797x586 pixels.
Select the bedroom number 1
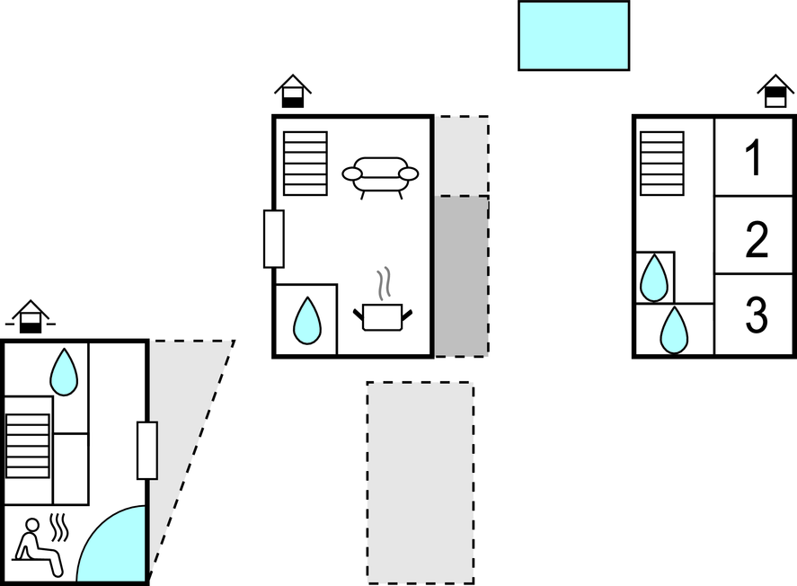pos(754,158)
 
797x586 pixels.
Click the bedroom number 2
pos(757,239)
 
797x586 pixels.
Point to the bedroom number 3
pos(757,315)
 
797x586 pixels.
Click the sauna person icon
pos(40,547)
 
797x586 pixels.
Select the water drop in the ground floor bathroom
pos(307,321)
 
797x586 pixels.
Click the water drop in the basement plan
pos(64,371)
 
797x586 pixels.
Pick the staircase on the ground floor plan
pos(306,164)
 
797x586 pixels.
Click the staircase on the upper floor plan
pos(662,164)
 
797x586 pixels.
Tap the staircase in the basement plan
pos(28,446)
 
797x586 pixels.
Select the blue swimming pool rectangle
pos(574,36)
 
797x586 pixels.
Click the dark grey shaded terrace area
pos(462,276)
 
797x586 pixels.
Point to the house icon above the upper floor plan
pos(775,91)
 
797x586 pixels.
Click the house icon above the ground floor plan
pos(293,91)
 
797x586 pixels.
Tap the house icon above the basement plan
pos(31,316)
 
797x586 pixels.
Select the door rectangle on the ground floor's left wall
pos(273,239)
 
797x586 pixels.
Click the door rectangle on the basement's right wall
pos(147,450)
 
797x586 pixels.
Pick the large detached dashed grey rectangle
pos(421,483)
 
